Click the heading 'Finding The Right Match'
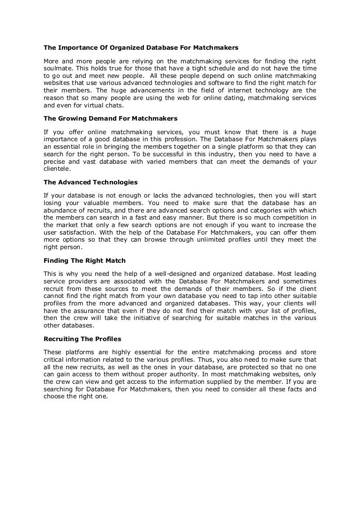(x=84, y=260)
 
